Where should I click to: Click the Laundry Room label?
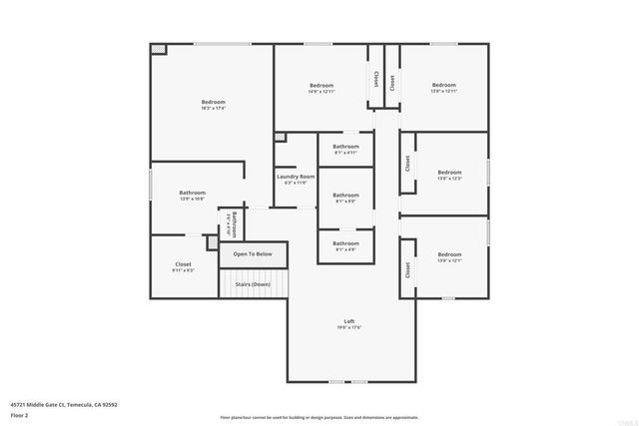click(x=296, y=177)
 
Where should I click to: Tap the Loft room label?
click(x=346, y=320)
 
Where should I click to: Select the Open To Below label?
click(x=253, y=254)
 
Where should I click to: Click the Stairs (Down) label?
click(x=253, y=284)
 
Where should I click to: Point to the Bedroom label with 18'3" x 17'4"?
click(x=213, y=102)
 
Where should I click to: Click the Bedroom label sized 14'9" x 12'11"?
click(x=321, y=85)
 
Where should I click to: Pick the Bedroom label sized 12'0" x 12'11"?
click(x=443, y=85)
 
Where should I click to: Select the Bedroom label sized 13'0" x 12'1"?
click(x=449, y=254)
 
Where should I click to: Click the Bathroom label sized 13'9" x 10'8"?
click(x=192, y=193)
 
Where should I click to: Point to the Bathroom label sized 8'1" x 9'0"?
click(x=345, y=195)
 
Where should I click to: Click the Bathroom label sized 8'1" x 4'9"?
click(x=345, y=243)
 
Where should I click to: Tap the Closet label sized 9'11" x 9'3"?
click(x=184, y=264)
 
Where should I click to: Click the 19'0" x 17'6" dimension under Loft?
click(x=346, y=327)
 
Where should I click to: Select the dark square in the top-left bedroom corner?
click(x=158, y=49)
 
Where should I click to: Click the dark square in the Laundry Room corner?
click(x=280, y=137)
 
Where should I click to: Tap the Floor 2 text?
click(x=19, y=413)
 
